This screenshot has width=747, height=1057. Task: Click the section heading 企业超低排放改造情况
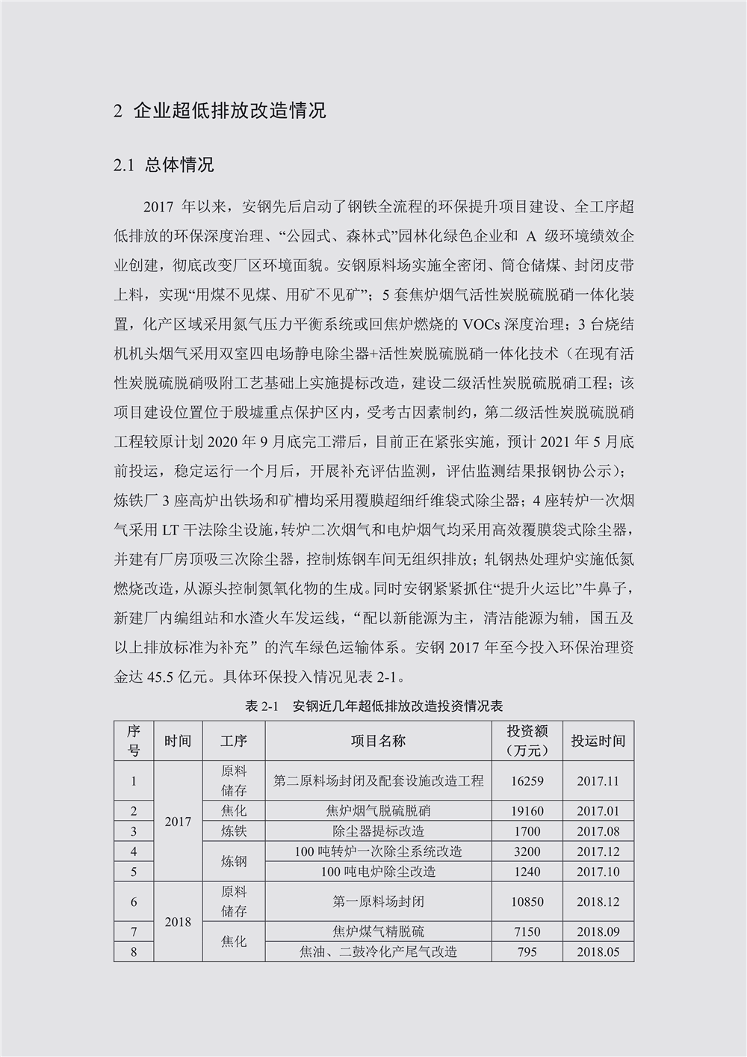(229, 111)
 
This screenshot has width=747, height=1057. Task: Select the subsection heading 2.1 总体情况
(164, 164)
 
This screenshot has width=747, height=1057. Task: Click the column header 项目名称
(378, 741)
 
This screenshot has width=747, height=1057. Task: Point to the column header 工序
(233, 741)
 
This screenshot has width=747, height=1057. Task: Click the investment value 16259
(527, 781)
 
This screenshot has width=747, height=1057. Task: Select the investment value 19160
(527, 811)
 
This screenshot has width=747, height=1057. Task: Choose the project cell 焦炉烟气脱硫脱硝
(378, 811)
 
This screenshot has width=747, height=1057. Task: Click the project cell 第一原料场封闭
(378, 902)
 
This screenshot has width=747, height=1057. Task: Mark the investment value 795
(527, 952)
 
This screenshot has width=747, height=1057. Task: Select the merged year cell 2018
(178, 922)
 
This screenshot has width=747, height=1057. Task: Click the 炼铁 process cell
(233, 831)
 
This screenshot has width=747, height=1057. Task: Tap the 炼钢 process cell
(233, 862)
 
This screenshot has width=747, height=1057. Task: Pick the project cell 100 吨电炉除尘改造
(378, 872)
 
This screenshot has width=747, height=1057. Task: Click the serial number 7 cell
(134, 932)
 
